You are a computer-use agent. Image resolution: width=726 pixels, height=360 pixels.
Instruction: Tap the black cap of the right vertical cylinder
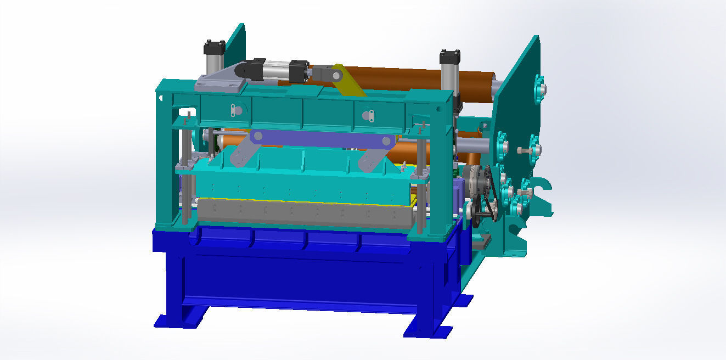[x=449, y=56]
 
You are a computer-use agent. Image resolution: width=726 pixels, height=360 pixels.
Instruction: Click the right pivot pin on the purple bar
[x=386, y=141]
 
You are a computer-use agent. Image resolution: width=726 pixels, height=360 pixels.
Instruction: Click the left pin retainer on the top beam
[x=237, y=110]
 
